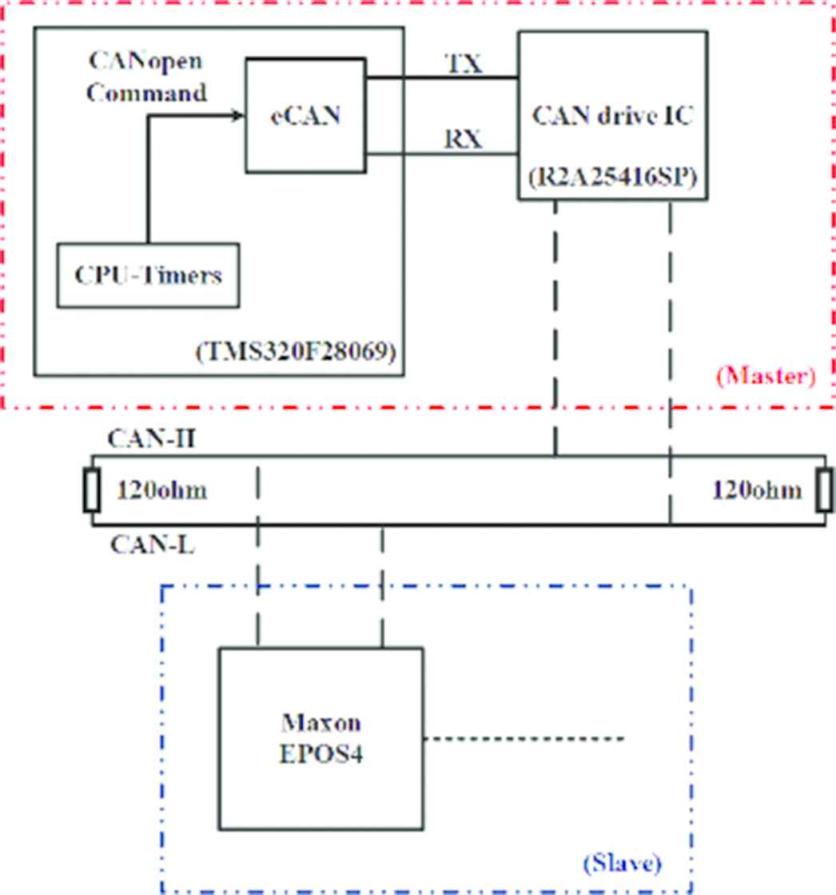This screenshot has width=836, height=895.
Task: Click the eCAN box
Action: point(305,115)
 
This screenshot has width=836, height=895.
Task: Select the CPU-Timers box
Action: point(149,275)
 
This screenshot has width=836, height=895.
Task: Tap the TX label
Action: point(464,64)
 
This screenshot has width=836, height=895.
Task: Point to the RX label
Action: point(464,139)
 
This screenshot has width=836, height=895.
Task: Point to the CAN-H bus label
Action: point(141,439)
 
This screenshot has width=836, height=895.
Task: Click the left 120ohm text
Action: point(162,489)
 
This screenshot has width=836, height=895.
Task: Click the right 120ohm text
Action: point(756,489)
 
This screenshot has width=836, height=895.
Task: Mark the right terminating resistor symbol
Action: point(824,490)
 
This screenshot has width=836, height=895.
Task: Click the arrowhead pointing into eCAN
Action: point(237,117)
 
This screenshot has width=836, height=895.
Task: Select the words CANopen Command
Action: point(145,78)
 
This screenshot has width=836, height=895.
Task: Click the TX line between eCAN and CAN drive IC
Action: point(441,78)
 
